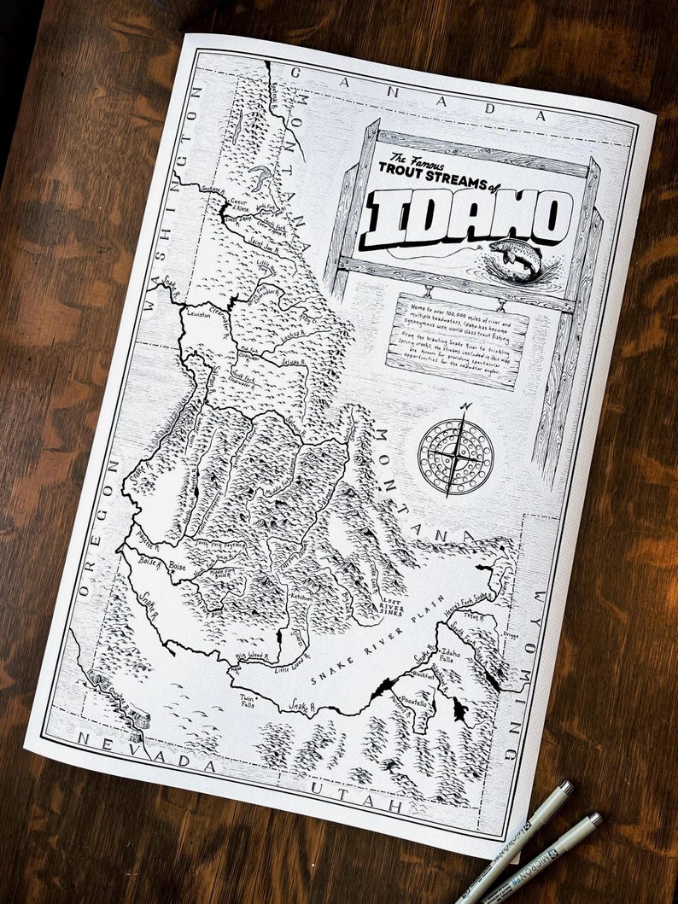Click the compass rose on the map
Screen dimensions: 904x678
tap(456, 451)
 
